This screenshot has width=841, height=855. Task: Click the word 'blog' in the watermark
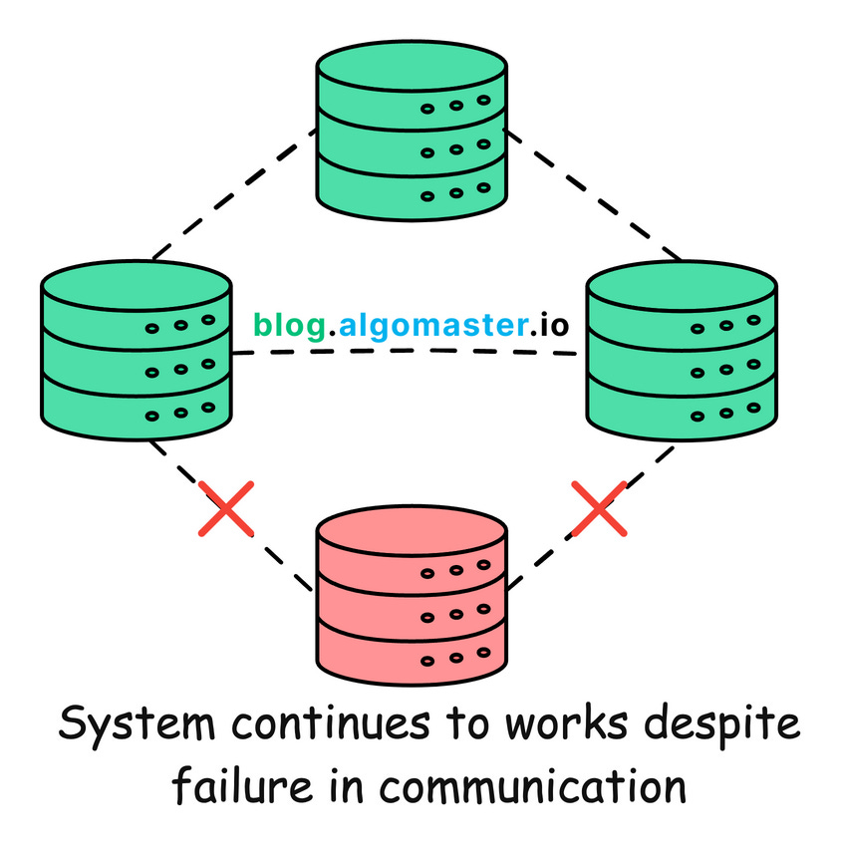coord(288,325)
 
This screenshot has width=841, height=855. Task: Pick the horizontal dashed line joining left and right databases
coord(409,357)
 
